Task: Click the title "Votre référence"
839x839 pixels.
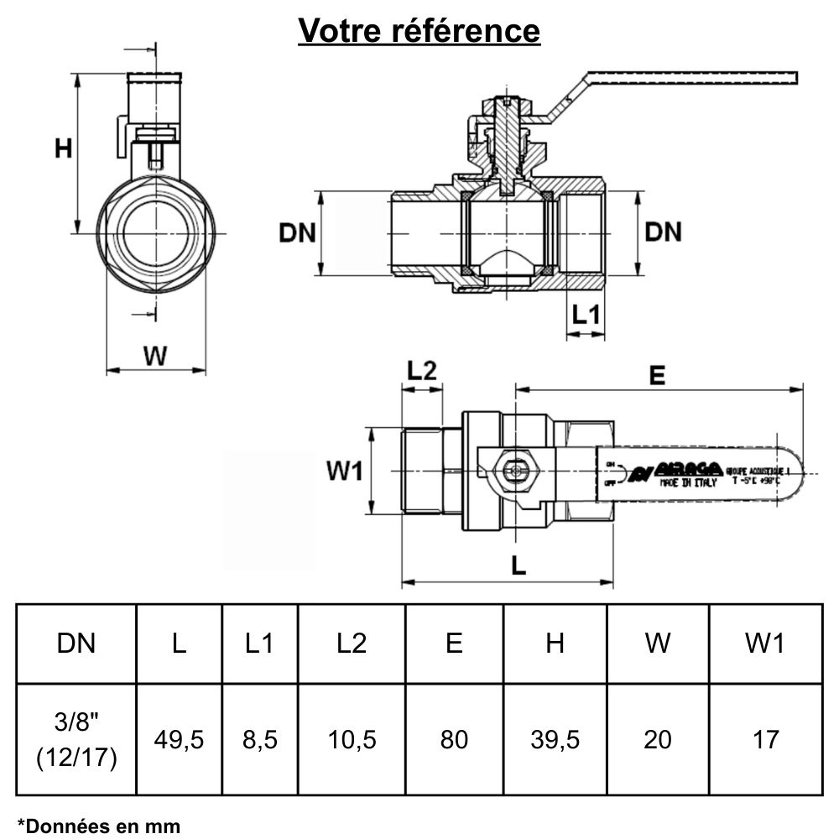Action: (x=419, y=31)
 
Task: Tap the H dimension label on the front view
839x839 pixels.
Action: (x=63, y=149)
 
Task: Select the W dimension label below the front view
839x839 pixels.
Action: (x=154, y=356)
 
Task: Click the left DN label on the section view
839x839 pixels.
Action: (x=297, y=232)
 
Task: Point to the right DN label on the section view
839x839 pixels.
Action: (x=663, y=232)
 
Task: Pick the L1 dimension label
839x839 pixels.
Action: (x=586, y=315)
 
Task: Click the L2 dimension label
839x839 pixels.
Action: (x=422, y=370)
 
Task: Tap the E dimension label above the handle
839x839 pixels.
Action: (x=657, y=375)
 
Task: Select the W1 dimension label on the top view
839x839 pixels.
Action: (x=344, y=472)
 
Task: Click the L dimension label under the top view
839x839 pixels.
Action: (x=519, y=566)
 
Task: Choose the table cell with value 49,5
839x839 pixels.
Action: (x=179, y=739)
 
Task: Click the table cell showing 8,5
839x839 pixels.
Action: (x=260, y=739)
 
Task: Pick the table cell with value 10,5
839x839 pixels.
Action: (x=352, y=739)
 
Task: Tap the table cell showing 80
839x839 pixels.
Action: (x=454, y=739)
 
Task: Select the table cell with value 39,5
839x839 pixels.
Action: (x=555, y=739)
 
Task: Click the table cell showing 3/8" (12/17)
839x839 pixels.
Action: (x=76, y=739)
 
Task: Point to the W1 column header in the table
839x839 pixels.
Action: (x=764, y=644)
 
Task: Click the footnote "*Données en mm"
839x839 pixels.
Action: (x=99, y=826)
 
